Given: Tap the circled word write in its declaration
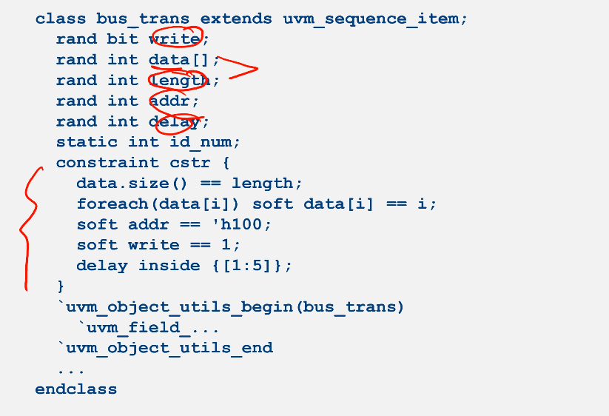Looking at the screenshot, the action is tap(175, 38).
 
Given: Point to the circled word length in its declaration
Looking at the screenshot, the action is tap(180, 80).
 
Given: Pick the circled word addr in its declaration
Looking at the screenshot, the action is tap(169, 101).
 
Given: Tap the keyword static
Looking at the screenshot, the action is tap(87, 142).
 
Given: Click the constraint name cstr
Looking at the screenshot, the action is tap(190, 163).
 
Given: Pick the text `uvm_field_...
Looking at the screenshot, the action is tap(133, 327).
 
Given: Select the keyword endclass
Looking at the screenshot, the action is tap(76, 389).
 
